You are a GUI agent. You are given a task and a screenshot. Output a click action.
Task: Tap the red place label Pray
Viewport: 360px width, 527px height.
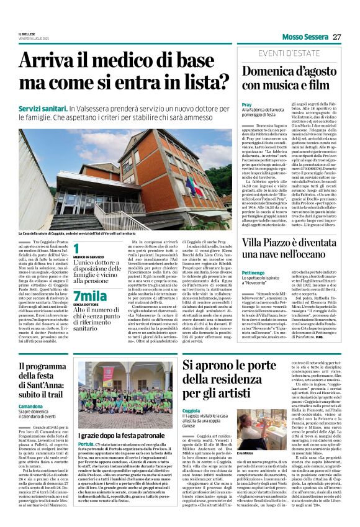point(246,105)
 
